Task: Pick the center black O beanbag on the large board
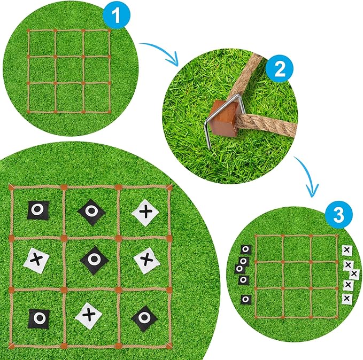pos(94,259)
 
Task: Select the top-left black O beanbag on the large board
pos(37,210)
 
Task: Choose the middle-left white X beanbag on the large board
pos(37,260)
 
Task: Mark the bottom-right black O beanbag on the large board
pos(144,318)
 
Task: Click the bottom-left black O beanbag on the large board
pos(38,319)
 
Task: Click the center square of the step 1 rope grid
pos(69,69)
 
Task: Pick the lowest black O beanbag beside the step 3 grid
pos(245,299)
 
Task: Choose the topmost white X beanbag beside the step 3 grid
pos(346,249)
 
